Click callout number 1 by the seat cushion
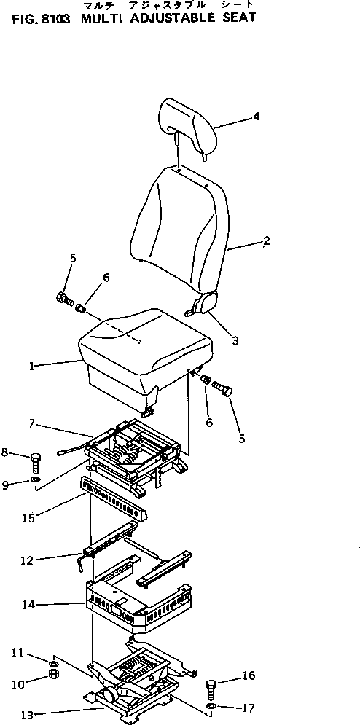pos(32,367)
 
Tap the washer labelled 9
pos(36,481)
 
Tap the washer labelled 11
pos(53,662)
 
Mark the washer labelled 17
pos(211,707)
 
